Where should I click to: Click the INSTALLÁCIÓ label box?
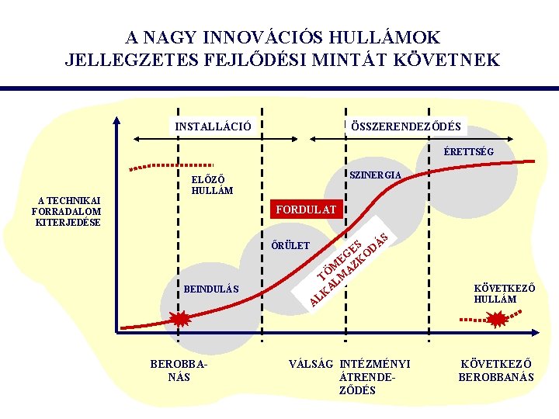coord(213,126)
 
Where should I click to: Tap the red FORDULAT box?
coord(305,209)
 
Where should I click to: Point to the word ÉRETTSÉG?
coord(468,151)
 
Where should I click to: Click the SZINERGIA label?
coord(376,175)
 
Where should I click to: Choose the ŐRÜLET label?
coord(290,246)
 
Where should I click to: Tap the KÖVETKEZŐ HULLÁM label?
coord(504,293)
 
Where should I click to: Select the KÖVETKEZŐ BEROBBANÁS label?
coord(496,369)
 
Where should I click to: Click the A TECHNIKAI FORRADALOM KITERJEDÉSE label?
coord(68,211)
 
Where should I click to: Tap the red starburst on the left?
coord(179,319)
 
